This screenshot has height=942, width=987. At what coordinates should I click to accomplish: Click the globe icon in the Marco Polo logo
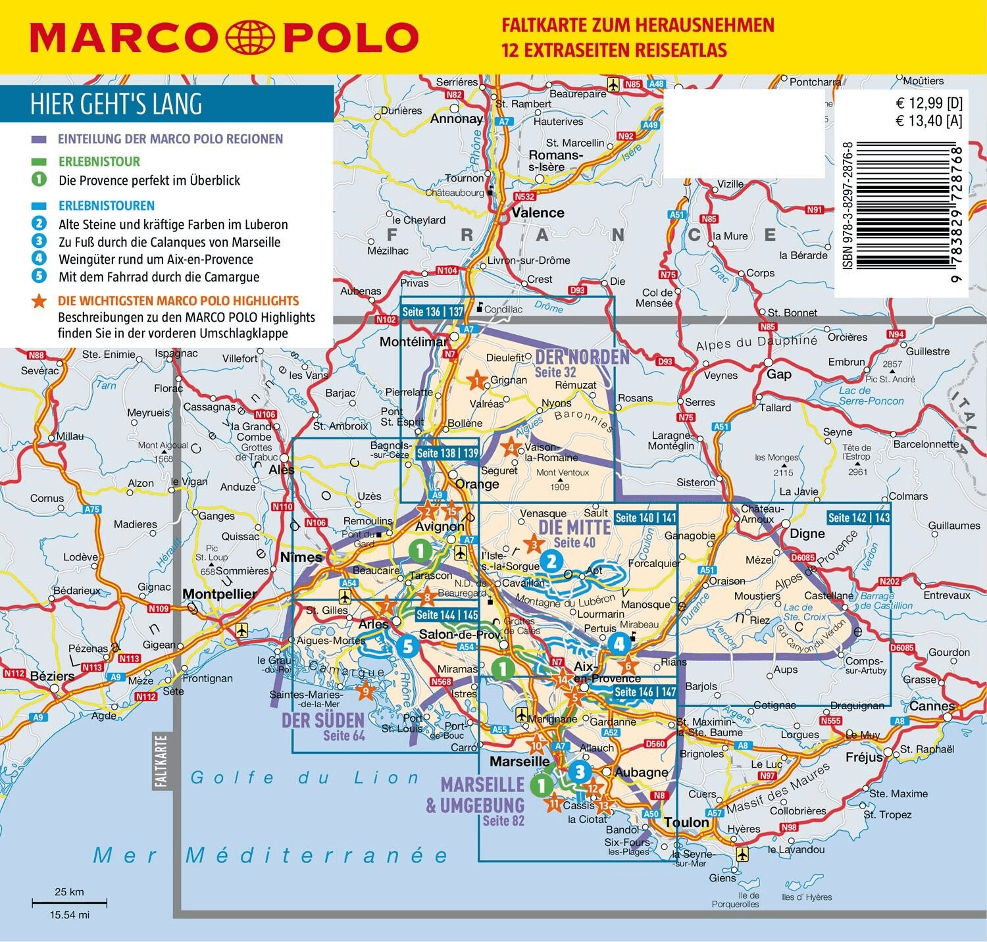pyautogui.click(x=250, y=37)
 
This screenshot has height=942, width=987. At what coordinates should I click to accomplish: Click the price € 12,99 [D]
pyautogui.click(x=928, y=103)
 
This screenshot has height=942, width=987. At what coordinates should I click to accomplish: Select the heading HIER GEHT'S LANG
pyautogui.click(x=116, y=105)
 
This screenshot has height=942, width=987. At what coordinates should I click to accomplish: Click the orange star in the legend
pyautogui.click(x=39, y=301)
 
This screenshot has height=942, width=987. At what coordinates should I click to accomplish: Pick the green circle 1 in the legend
pyautogui.click(x=39, y=180)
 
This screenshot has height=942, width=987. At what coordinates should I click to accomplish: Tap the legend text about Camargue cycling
pyautogui.click(x=159, y=277)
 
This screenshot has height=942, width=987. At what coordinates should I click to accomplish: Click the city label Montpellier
pyautogui.click(x=219, y=594)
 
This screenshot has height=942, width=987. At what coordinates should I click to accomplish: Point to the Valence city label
pyautogui.click(x=538, y=212)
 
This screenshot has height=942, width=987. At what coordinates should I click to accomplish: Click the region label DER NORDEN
pyautogui.click(x=582, y=357)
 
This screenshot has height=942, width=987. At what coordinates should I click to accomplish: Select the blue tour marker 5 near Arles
pyautogui.click(x=407, y=646)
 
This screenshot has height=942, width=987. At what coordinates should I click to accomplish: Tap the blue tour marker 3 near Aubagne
pyautogui.click(x=579, y=772)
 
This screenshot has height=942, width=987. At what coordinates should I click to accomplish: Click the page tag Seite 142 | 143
pyautogui.click(x=859, y=518)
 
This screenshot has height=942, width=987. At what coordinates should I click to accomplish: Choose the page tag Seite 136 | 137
pyautogui.click(x=433, y=312)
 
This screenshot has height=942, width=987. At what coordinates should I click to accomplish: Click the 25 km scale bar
pyautogui.click(x=69, y=903)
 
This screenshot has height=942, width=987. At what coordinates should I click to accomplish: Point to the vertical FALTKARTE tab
pyautogui.click(x=161, y=760)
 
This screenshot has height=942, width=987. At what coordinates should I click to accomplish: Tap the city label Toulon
pyautogui.click(x=686, y=822)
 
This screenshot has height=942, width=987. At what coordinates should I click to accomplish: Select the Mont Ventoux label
pyautogui.click(x=562, y=472)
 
